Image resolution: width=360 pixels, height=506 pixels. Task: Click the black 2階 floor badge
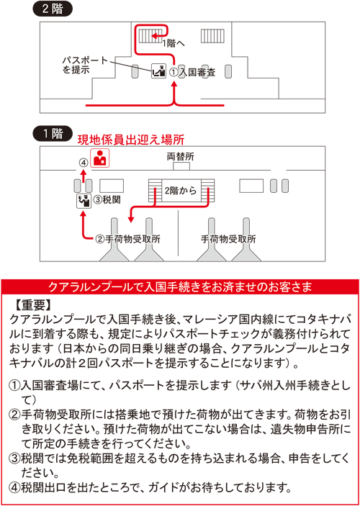[53, 9]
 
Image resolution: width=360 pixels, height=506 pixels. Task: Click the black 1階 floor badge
[53, 134]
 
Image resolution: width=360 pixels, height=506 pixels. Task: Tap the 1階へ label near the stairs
[174, 43]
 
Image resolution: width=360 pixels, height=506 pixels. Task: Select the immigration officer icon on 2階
[158, 71]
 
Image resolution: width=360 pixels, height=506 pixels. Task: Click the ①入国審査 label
[192, 73]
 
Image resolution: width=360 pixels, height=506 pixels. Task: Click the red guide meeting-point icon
[100, 158]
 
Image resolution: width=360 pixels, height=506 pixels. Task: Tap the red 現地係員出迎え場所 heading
[131, 140]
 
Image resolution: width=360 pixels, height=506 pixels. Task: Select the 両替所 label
[181, 157]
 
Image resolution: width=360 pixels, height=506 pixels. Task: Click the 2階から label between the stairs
[181, 191]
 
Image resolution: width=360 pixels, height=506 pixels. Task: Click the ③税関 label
[107, 200]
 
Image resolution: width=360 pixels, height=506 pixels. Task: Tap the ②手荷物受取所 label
[128, 240]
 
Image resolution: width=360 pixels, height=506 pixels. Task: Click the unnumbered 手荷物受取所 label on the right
[228, 239]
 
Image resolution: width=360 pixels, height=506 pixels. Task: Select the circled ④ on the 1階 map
[84, 163]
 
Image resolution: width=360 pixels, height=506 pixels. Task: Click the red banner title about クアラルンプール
[180, 287]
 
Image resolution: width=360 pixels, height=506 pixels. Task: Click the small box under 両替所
[181, 166]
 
